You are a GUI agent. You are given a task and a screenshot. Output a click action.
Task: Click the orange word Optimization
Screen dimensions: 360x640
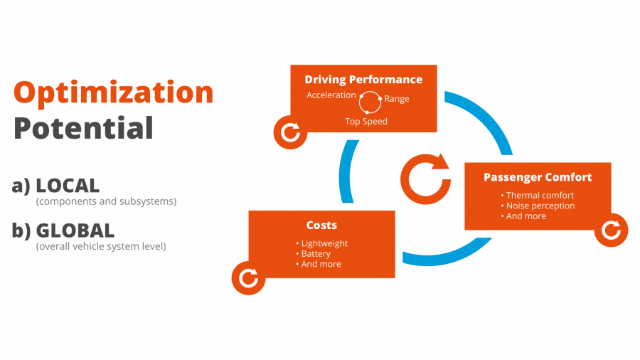tap(114, 93)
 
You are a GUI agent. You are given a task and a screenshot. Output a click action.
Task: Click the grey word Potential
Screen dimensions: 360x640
tap(84, 129)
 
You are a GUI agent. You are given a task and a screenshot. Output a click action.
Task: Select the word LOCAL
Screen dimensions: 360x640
tap(67, 186)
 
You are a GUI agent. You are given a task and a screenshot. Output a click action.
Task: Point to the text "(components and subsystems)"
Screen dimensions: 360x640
tap(106, 202)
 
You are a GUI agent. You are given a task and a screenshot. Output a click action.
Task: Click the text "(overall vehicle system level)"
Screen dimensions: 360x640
tap(100, 247)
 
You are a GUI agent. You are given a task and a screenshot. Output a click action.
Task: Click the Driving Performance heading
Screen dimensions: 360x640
tap(363, 80)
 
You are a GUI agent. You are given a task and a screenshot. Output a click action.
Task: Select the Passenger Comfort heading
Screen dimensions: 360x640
tap(538, 177)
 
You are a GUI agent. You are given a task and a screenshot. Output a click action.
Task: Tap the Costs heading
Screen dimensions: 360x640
tap(321, 225)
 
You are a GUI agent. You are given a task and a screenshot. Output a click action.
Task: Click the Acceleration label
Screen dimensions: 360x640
tap(331, 95)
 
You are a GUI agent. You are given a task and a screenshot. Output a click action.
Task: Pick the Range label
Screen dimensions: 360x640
tap(397, 99)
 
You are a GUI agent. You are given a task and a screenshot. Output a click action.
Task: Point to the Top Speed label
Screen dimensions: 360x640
tap(366, 122)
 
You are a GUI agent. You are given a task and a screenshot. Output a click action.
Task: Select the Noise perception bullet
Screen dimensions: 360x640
tap(540, 206)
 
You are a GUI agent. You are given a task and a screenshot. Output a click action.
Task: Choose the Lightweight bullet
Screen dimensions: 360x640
tap(324, 243)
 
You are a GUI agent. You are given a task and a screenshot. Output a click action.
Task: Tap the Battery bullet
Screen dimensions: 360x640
tap(316, 254)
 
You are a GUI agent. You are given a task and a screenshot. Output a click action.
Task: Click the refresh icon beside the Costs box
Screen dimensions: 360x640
tap(249, 277)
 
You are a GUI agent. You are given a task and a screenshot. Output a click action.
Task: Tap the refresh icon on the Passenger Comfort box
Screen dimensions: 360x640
tap(611, 230)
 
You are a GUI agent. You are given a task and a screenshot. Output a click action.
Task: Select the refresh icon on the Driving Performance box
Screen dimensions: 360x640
tap(291, 132)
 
